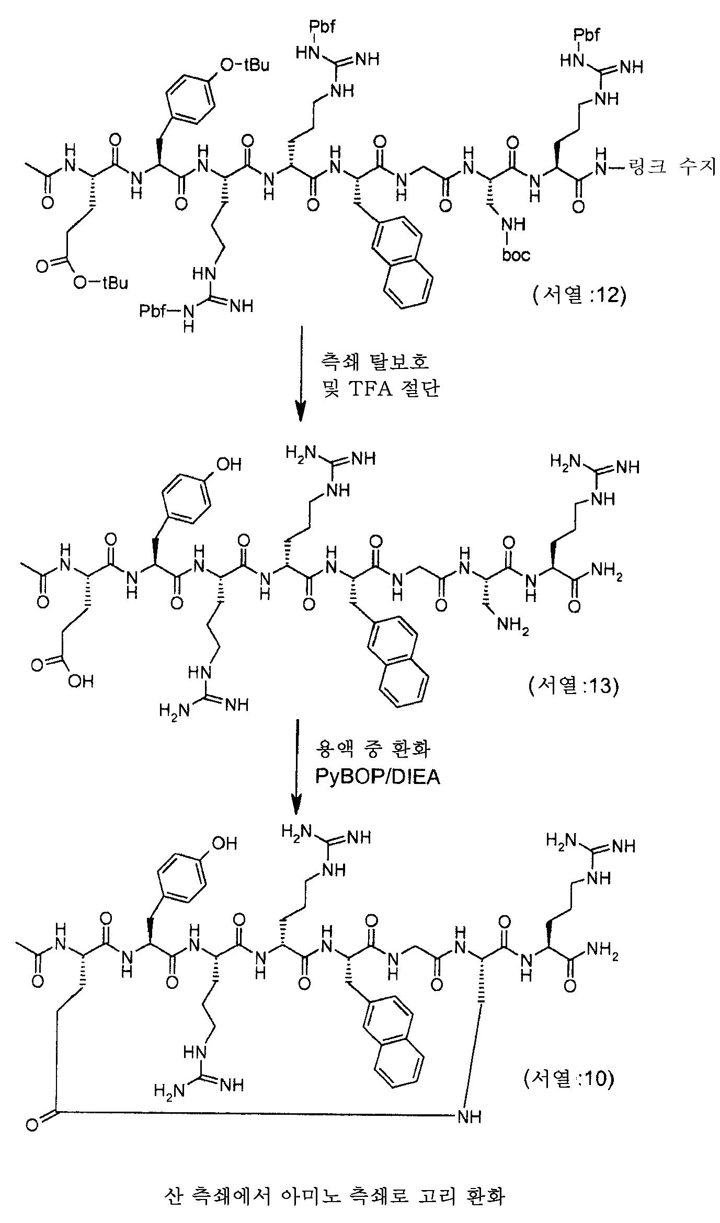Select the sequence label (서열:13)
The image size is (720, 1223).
tap(574, 686)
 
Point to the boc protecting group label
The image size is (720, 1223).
tap(516, 255)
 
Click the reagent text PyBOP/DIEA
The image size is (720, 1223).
tap(378, 777)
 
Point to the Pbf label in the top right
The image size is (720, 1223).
tap(587, 36)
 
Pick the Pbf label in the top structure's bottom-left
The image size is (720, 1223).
tap(153, 312)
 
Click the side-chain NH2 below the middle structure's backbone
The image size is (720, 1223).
tap(513, 625)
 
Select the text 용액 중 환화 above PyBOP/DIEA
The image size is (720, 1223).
tap(373, 749)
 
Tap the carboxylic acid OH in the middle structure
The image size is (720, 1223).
tap(80, 682)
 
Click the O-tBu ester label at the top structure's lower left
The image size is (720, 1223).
tap(100, 283)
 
